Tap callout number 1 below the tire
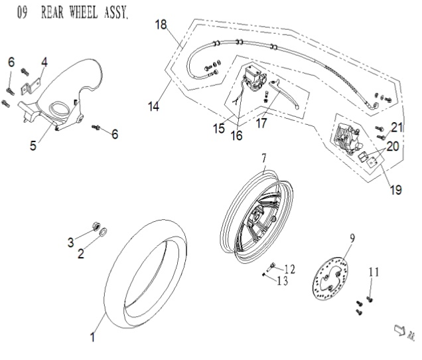tap(93, 338)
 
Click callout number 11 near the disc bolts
tap(374, 272)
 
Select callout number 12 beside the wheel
tap(289, 268)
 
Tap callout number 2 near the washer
tap(81, 253)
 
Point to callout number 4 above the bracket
tap(44, 62)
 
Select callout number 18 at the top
tap(160, 25)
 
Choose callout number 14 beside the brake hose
tap(155, 106)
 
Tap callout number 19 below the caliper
tap(396, 191)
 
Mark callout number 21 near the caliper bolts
tap(397, 126)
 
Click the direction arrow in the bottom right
tap(401, 328)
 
